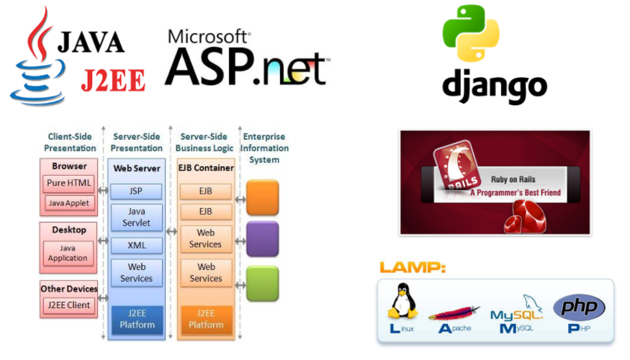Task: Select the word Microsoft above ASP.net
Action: coord(209,36)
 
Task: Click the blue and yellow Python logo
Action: coord(471,33)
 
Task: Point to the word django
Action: coord(494,86)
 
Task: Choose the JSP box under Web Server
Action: coord(135,192)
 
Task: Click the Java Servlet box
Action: coord(135,217)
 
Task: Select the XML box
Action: coord(135,246)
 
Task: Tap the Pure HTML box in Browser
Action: coord(69,183)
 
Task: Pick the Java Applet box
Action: coord(69,203)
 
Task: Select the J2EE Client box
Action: coord(68,305)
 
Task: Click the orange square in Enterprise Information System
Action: coord(262,197)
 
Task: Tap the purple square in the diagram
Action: coord(262,239)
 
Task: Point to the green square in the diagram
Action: coord(262,283)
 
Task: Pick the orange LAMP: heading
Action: coord(413,268)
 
